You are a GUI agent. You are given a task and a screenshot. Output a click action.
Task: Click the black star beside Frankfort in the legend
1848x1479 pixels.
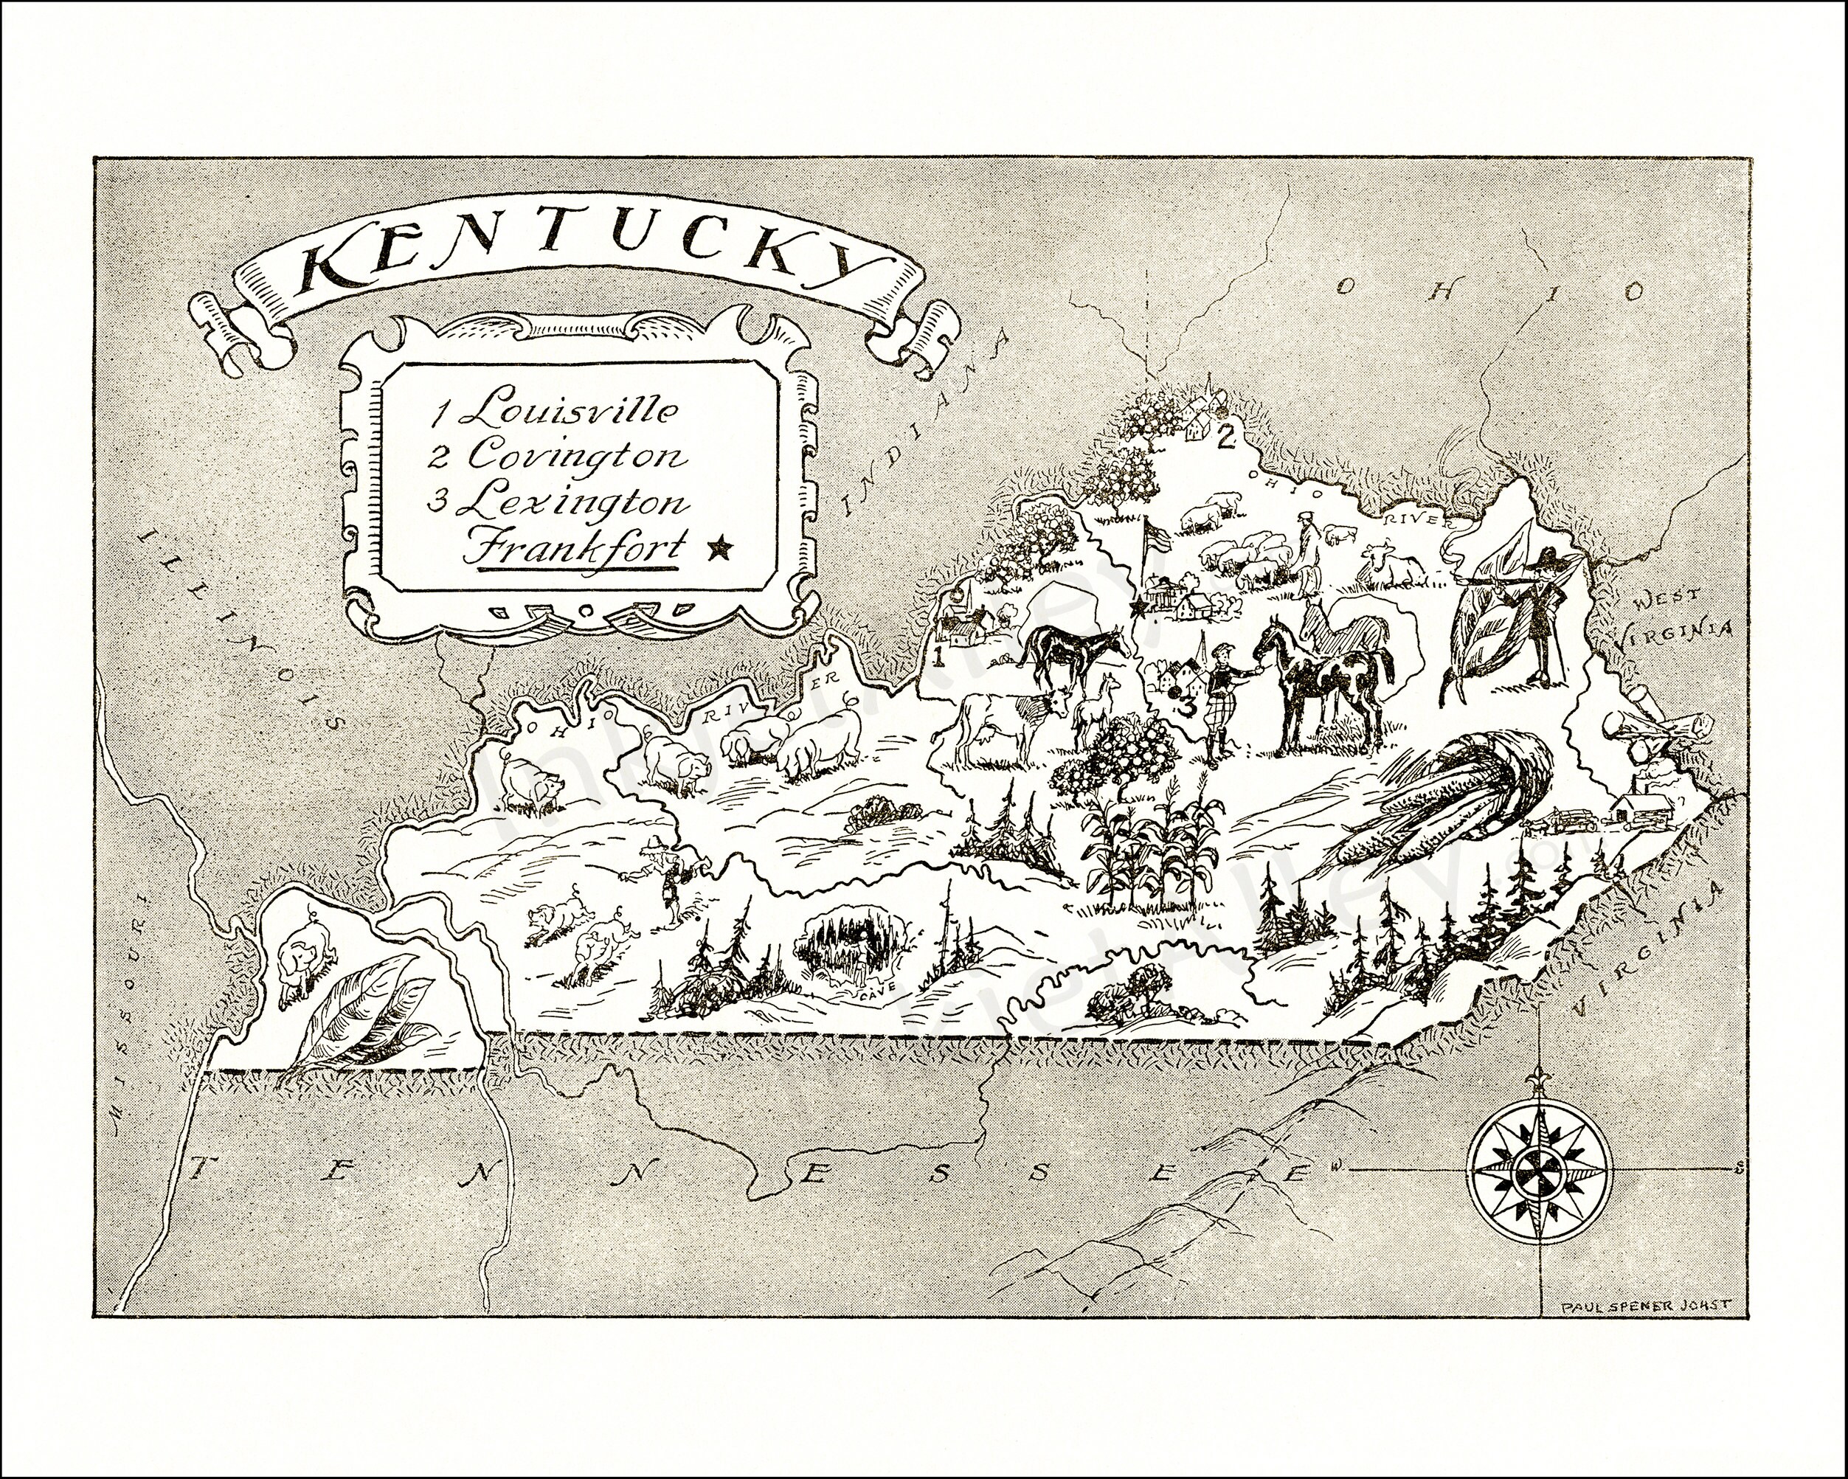[x=721, y=546]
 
